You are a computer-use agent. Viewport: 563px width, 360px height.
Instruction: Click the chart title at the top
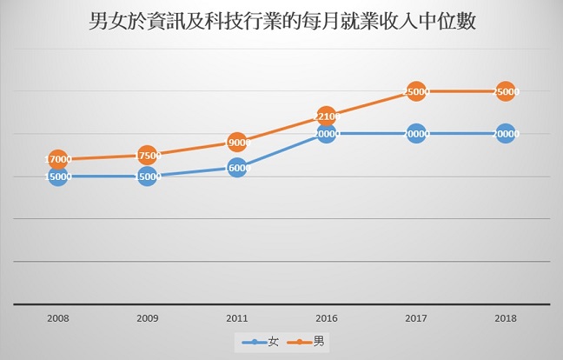(282, 21)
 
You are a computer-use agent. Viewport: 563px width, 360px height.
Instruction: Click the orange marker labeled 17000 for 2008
(57, 159)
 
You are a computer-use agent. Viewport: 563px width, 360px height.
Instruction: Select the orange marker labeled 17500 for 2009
(147, 156)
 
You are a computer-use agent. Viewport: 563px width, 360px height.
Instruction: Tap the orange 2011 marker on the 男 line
(236, 142)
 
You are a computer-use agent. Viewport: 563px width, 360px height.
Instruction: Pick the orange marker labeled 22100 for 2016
(326, 116)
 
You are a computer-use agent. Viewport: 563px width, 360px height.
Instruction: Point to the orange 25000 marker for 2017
(416, 90)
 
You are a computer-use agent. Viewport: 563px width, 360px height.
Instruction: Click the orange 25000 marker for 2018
(506, 90)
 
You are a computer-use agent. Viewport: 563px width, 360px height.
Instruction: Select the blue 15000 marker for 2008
(57, 177)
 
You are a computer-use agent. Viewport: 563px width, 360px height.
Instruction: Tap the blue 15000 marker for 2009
(147, 177)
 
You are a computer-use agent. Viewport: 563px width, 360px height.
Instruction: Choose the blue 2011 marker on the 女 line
(236, 168)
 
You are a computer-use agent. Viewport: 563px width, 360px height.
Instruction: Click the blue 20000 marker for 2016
(327, 134)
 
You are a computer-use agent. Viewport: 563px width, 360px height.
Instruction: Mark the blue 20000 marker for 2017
(416, 134)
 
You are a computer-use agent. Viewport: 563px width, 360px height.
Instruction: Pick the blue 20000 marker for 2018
(506, 134)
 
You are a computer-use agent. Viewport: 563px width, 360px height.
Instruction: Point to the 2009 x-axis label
(147, 319)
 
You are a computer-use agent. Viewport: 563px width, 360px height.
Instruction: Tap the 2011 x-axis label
(236, 319)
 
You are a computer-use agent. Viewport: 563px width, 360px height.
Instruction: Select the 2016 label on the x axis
(326, 319)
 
